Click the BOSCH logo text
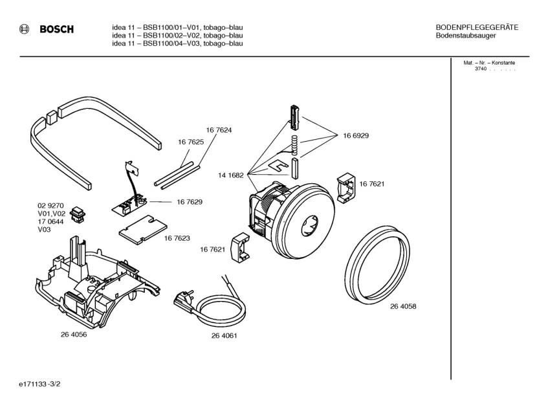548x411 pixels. pos(56,29)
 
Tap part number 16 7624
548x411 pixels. pos(219,130)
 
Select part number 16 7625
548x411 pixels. pos(191,142)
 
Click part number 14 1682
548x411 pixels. pos(231,175)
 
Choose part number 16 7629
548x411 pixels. pos(189,202)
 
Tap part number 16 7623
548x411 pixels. pos(177,238)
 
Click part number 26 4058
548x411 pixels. pos(403,307)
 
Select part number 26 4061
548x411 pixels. pos(224,335)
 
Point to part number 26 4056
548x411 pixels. pos(74,335)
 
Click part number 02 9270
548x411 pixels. pos(50,205)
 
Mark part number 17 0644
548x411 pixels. pos(50,221)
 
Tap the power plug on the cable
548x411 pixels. pos(181,299)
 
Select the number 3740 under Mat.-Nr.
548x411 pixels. pos(481,69)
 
